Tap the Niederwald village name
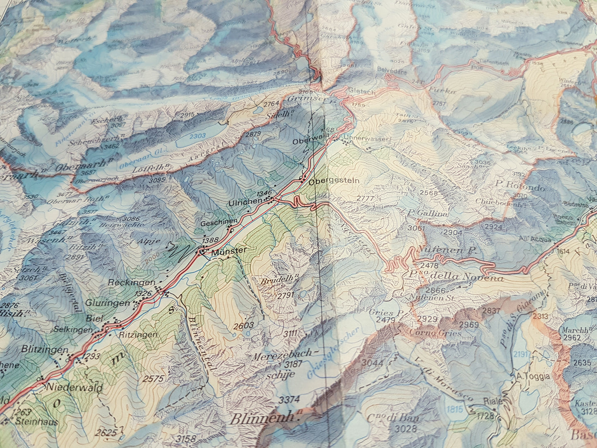[74, 388]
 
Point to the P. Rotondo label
[520, 188]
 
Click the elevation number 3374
[289, 400]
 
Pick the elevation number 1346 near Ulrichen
[264, 193]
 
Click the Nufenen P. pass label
[447, 250]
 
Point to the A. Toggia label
[533, 376]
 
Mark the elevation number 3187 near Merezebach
[293, 364]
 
